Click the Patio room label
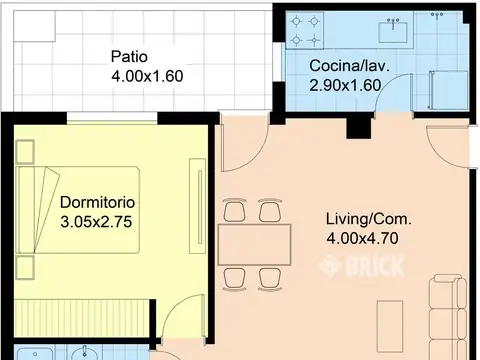click(x=129, y=56)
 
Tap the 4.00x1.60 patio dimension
click(x=147, y=76)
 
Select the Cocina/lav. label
click(x=349, y=66)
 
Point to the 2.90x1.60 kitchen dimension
click(x=345, y=85)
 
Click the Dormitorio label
click(x=97, y=202)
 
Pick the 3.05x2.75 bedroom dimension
click(x=96, y=222)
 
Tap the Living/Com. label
click(x=369, y=219)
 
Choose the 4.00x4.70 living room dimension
click(x=362, y=238)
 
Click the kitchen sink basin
click(x=393, y=32)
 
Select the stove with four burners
click(x=305, y=31)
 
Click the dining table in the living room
click(x=254, y=245)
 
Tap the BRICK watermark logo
click(x=362, y=266)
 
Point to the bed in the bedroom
click(x=78, y=210)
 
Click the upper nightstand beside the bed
click(x=25, y=152)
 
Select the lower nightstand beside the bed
click(x=25, y=268)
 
